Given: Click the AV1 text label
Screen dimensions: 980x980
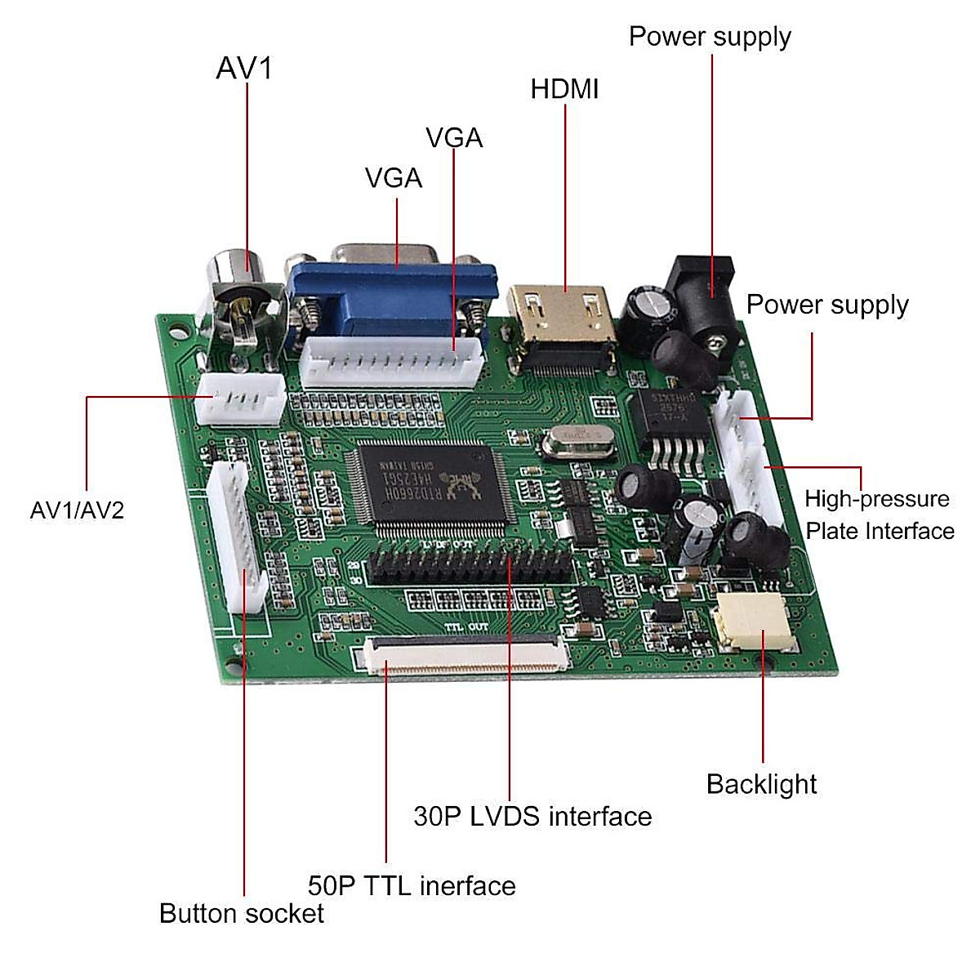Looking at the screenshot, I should pos(244,69).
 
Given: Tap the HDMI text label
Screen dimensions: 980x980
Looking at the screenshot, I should pos(564,89).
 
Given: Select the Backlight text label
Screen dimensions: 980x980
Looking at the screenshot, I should pos(761,784).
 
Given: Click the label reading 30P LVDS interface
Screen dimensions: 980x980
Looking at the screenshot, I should pos(532,817).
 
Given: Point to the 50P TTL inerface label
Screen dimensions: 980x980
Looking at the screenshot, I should pos(412,886).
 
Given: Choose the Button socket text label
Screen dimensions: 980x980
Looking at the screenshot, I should pos(242,913).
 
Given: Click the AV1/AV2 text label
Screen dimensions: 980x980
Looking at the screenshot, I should pos(77,511).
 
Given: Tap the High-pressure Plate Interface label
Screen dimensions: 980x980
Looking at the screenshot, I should pos(879,515).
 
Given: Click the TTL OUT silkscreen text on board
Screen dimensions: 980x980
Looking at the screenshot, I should pos(466,627).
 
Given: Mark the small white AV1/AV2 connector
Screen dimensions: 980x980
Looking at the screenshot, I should pos(242,399).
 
